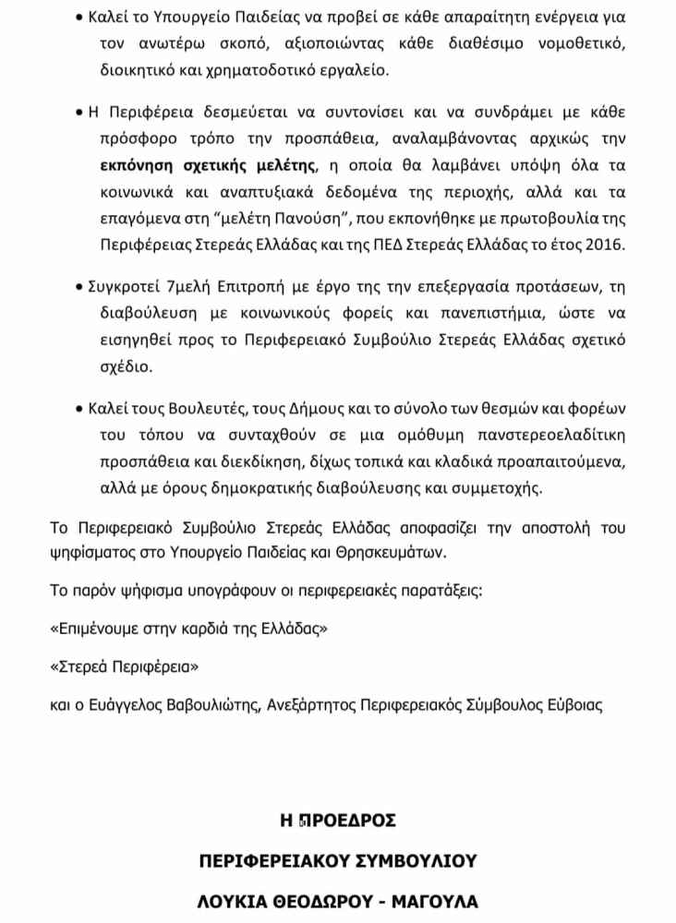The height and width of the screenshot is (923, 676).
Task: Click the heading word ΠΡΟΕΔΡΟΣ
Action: tap(346, 820)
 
